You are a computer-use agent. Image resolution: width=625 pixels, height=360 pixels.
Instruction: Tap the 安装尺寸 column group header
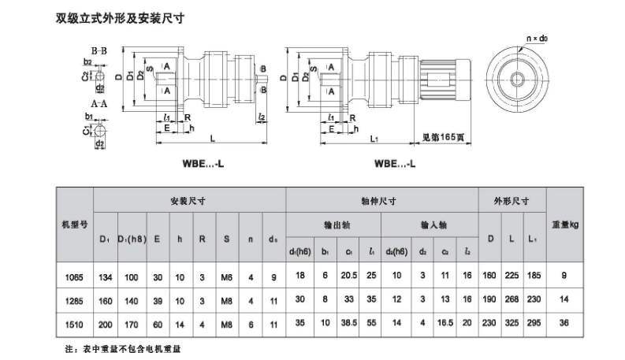pyautogui.click(x=188, y=200)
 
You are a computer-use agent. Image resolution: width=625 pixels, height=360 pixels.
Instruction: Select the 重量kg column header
pyautogui.click(x=565, y=224)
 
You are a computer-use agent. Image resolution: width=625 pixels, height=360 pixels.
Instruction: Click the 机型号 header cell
pyautogui.click(x=73, y=224)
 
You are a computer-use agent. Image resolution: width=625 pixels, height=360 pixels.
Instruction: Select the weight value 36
pyautogui.click(x=565, y=323)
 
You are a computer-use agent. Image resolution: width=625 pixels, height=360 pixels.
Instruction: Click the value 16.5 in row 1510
pyautogui.click(x=445, y=323)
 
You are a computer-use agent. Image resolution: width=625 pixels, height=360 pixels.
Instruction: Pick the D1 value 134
pyautogui.click(x=104, y=276)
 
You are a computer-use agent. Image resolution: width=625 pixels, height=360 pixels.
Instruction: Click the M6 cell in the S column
pyautogui.click(x=225, y=276)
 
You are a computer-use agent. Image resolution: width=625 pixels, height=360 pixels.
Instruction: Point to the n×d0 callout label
pyautogui.click(x=537, y=38)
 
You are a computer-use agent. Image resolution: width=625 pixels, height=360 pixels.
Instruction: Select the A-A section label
pyautogui.click(x=99, y=103)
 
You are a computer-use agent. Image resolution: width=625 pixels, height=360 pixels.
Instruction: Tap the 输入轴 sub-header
pyautogui.click(x=430, y=225)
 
